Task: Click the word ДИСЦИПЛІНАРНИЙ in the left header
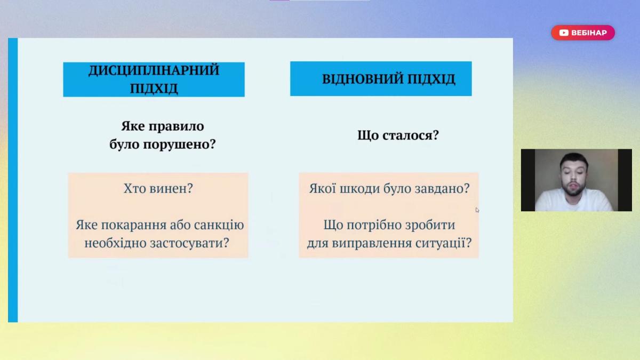154,70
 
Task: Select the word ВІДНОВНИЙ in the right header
362,79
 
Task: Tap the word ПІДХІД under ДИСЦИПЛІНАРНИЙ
154,89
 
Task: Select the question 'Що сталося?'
398,135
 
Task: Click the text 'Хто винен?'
158,188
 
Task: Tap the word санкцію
219,225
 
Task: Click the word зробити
429,225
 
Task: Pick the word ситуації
440,243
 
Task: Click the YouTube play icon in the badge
563,33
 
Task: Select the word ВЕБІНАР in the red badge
589,33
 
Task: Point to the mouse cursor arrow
477,210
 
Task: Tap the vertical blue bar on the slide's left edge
13,180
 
